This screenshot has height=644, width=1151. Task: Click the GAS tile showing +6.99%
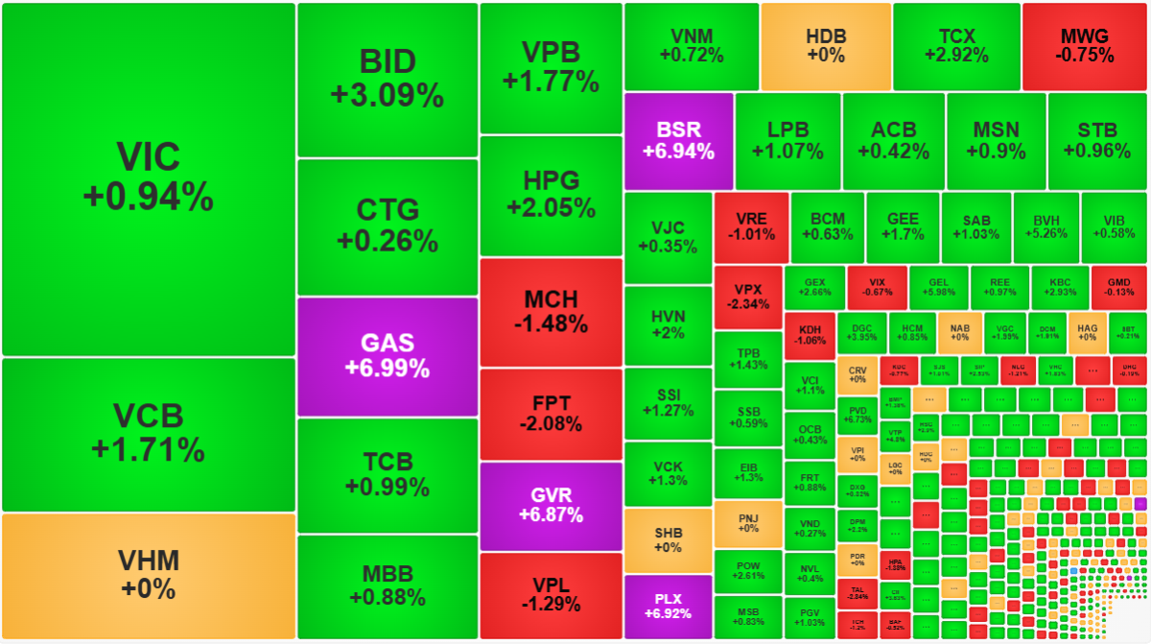click(388, 356)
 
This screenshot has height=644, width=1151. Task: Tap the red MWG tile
click(1085, 46)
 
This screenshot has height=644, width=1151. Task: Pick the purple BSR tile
click(678, 141)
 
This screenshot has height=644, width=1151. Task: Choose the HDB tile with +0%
click(826, 46)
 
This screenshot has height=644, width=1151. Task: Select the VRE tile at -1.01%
click(751, 227)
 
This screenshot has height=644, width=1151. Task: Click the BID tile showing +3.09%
click(388, 80)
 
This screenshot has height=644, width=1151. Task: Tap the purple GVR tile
click(550, 506)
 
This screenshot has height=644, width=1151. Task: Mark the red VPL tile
click(550, 595)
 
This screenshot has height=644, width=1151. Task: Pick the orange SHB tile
click(668, 540)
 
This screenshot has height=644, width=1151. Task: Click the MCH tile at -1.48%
click(550, 313)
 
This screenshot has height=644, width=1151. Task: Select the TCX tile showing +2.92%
click(955, 46)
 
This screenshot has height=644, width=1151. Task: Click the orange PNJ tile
click(747, 523)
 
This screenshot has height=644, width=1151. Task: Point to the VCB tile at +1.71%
click(148, 434)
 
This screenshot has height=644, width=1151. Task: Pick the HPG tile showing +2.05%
click(550, 195)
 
